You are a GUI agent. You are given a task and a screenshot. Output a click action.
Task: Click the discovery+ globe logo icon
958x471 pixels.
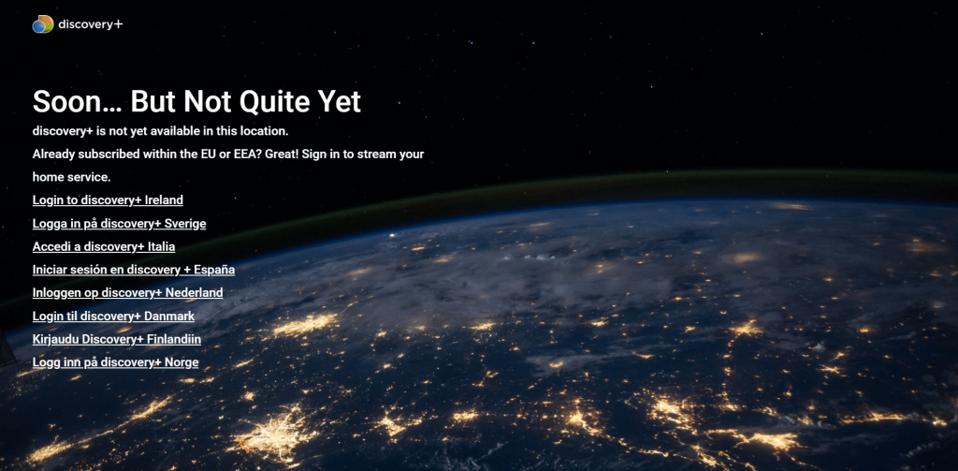pyautogui.click(x=43, y=23)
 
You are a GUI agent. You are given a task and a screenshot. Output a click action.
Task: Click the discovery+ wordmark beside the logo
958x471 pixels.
pyautogui.click(x=91, y=24)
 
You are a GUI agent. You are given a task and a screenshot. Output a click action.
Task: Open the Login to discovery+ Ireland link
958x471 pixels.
pyautogui.click(x=108, y=200)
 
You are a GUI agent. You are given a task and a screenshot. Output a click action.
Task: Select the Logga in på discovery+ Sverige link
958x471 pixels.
pyautogui.click(x=119, y=223)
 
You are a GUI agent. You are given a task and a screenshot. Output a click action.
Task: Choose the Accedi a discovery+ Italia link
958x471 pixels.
pyautogui.click(x=104, y=246)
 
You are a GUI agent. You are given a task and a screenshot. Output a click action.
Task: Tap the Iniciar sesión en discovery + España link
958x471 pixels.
pyautogui.click(x=134, y=270)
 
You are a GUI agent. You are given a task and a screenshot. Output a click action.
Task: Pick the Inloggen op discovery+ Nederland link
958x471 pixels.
pyautogui.click(x=127, y=293)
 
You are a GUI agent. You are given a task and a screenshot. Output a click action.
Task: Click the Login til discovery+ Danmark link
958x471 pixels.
pyautogui.click(x=113, y=316)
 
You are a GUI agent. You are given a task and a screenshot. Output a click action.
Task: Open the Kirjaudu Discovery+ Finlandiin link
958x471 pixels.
pyautogui.click(x=117, y=339)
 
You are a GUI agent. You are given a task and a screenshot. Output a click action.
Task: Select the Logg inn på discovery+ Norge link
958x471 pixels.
pyautogui.click(x=115, y=362)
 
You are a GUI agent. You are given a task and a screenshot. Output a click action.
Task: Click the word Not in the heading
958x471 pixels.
pyautogui.click(x=210, y=101)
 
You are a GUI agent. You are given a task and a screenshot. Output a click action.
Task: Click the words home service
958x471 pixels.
pyautogui.click(x=71, y=177)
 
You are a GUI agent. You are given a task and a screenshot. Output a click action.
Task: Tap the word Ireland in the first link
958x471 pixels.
pyautogui.click(x=164, y=200)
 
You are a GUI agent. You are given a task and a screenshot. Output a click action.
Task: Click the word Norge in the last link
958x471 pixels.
pyautogui.click(x=182, y=362)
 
